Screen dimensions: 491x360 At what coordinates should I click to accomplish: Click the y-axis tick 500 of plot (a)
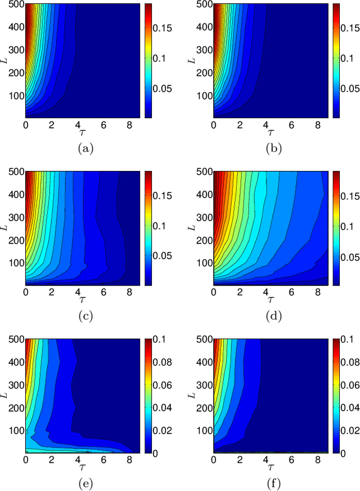(15, 5)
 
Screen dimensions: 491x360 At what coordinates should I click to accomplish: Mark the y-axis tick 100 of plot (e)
(15, 430)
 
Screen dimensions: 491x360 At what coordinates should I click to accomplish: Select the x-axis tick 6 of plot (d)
(290, 291)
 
